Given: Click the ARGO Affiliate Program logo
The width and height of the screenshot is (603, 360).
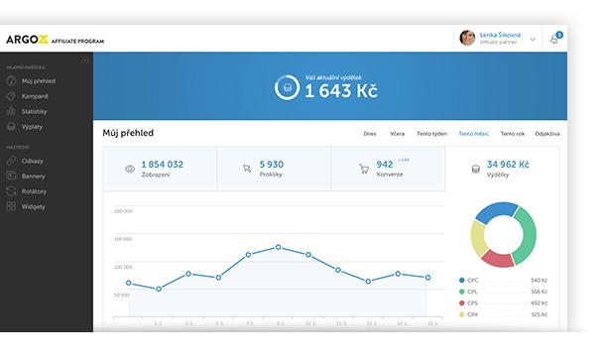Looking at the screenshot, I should pos(55,40).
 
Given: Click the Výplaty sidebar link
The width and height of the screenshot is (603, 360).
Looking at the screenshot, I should pos(33,126).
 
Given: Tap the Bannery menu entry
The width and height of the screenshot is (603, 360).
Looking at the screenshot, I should pos(34,177).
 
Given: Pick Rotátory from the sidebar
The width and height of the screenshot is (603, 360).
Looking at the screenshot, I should pos(35,191).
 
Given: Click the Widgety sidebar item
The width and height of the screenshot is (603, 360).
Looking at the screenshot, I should pos(34,206).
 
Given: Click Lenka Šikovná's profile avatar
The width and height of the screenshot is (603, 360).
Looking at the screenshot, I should pos(467,38).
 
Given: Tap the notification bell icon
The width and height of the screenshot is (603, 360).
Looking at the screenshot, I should pos(553,40).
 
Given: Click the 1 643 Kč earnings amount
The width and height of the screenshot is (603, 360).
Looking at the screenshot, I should pos(340,90).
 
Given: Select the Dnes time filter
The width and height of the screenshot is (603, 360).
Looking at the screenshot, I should pos(370,133).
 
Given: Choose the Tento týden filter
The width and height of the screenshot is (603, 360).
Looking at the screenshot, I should pos(431,133).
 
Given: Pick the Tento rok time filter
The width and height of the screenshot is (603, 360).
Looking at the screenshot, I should pos(513,133).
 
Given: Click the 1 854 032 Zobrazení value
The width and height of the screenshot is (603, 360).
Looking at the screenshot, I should pos(162,164).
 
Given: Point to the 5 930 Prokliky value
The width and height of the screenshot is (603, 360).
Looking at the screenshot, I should pos(271,164).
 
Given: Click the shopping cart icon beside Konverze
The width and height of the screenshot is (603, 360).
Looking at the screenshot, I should pos(364,169).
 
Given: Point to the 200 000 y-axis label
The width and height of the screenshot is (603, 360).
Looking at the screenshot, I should pos(123,211).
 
